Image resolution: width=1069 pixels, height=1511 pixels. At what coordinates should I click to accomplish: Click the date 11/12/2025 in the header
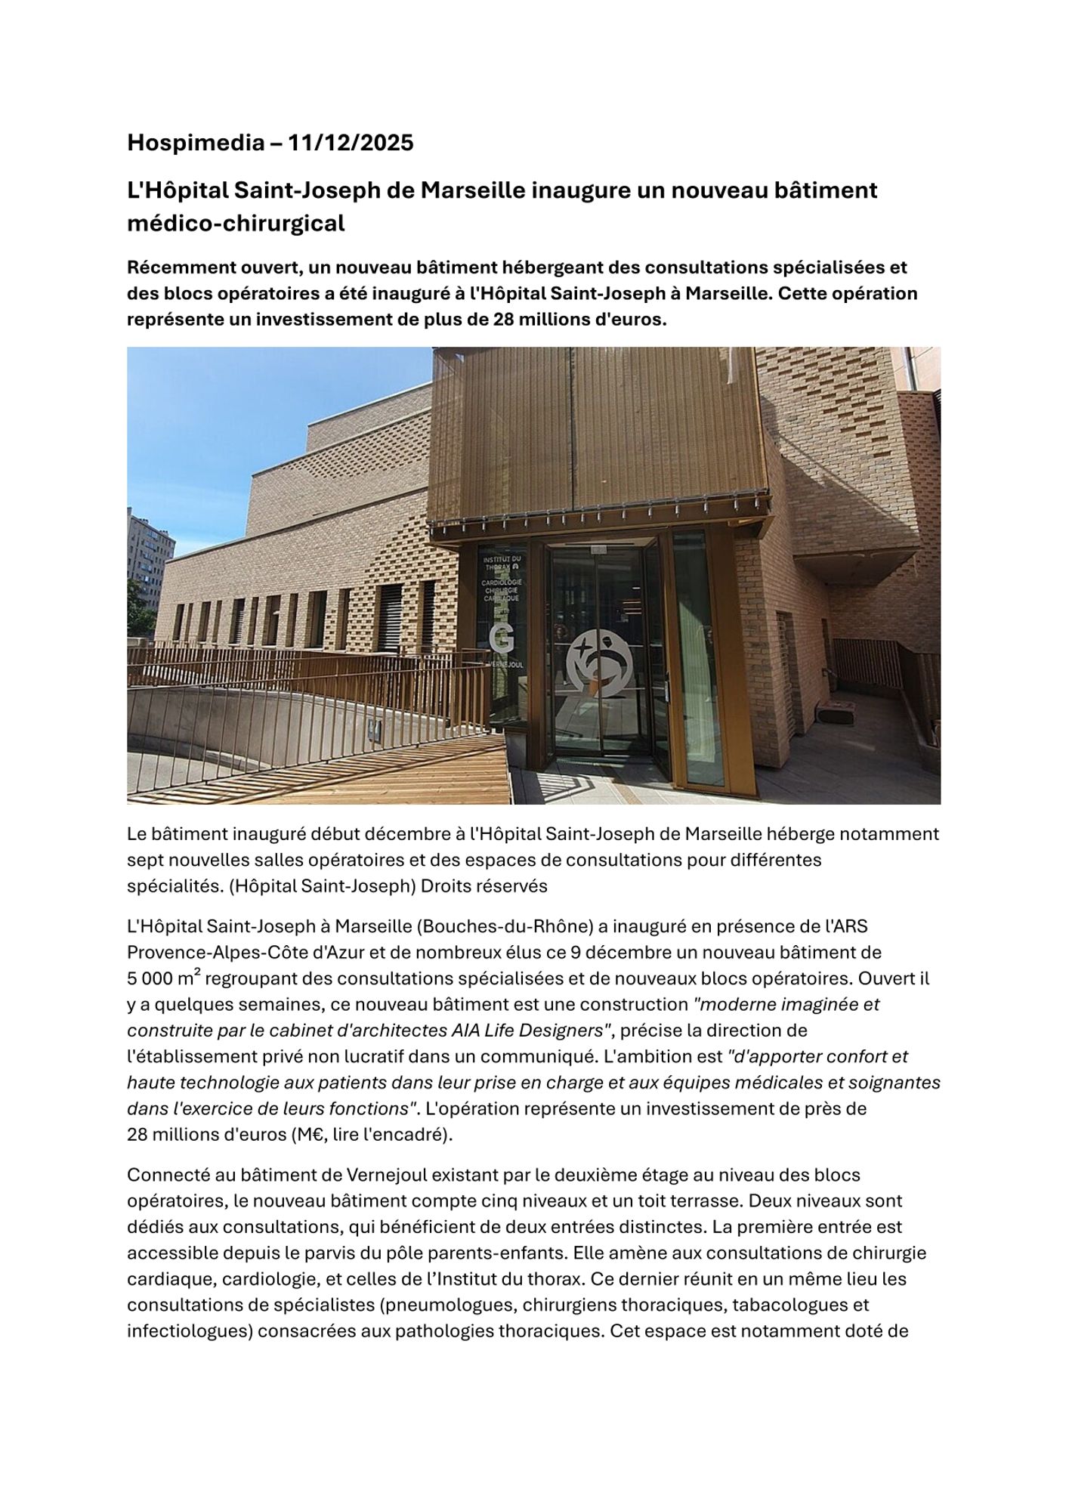click(351, 143)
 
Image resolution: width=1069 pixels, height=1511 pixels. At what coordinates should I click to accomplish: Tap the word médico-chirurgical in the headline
click(236, 224)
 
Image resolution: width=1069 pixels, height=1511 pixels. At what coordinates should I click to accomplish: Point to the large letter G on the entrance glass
click(501, 638)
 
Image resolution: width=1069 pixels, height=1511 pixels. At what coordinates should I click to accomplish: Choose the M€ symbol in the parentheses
click(301, 1135)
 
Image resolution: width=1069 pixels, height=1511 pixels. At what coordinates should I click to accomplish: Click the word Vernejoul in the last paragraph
click(388, 1176)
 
